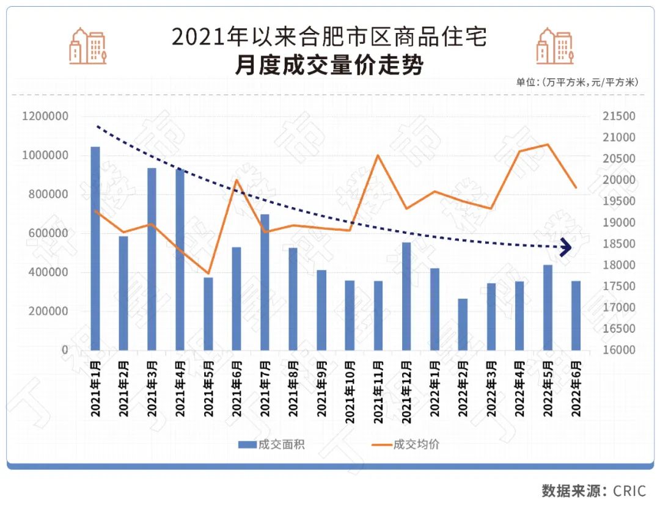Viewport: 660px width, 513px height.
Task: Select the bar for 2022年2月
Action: [463, 324]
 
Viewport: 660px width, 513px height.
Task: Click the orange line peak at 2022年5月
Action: [547, 144]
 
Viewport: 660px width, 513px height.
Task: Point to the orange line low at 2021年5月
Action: [208, 274]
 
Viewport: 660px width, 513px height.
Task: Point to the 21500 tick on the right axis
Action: [620, 117]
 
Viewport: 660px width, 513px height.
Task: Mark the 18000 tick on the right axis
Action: [620, 265]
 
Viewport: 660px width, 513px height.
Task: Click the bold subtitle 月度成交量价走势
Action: [329, 65]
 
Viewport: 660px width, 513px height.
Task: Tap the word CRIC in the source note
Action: [629, 491]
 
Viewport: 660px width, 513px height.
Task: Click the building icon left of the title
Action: [87, 46]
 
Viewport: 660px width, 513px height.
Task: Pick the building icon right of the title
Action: [554, 46]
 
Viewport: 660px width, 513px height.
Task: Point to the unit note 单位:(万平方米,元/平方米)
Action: [577, 82]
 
